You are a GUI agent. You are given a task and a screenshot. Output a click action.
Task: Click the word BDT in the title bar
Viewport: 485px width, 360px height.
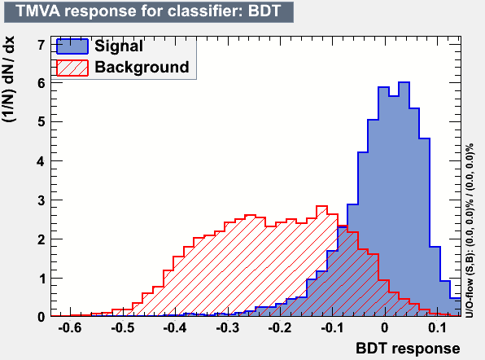point(264,11)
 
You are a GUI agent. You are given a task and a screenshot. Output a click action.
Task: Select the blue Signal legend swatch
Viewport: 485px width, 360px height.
point(72,46)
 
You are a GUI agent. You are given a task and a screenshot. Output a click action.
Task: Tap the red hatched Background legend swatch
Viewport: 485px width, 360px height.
point(72,68)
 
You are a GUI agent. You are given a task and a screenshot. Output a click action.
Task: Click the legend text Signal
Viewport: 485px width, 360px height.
point(119,46)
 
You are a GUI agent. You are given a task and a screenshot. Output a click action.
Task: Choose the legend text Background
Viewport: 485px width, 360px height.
point(142,67)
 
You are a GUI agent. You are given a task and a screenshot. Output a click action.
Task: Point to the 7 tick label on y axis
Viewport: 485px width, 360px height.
point(42,45)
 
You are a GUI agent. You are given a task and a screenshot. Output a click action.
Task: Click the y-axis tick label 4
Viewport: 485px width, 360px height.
point(42,161)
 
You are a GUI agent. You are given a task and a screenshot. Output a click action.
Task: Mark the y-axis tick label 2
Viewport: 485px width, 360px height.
point(42,239)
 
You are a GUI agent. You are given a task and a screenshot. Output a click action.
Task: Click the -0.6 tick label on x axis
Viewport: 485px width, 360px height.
point(70,327)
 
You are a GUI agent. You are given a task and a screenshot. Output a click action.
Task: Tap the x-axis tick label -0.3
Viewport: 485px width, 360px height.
point(227,327)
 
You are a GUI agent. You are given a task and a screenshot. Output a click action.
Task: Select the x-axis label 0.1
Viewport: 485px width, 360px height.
point(437,327)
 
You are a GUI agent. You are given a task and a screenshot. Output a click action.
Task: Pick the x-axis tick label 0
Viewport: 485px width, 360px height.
point(384,327)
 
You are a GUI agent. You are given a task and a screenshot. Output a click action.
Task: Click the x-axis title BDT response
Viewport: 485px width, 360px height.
point(408,349)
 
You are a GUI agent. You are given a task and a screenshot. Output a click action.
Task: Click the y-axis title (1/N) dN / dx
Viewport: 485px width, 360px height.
point(8,79)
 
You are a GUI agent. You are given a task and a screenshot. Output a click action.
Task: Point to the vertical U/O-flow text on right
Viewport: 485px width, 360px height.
point(470,230)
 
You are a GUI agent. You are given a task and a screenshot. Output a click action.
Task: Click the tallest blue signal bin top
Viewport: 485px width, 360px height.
point(404,82)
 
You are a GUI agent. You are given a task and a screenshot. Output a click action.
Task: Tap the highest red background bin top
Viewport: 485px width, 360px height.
point(321,206)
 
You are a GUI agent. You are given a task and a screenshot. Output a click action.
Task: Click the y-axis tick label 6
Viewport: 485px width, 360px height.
point(42,83)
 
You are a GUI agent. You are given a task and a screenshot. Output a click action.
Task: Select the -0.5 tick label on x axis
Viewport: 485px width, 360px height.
point(123,327)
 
